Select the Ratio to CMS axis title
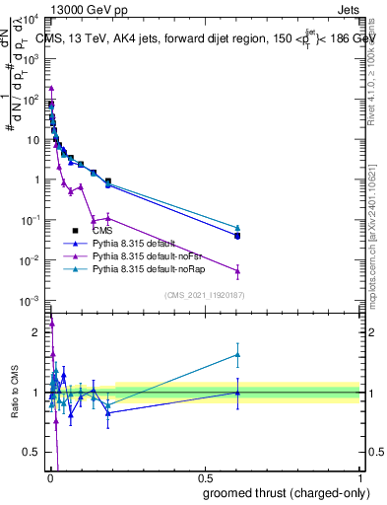point(14,392)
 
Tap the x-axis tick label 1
point(360,476)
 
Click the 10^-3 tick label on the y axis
point(31,300)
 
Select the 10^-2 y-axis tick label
point(31,260)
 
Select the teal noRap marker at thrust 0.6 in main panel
point(236,228)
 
